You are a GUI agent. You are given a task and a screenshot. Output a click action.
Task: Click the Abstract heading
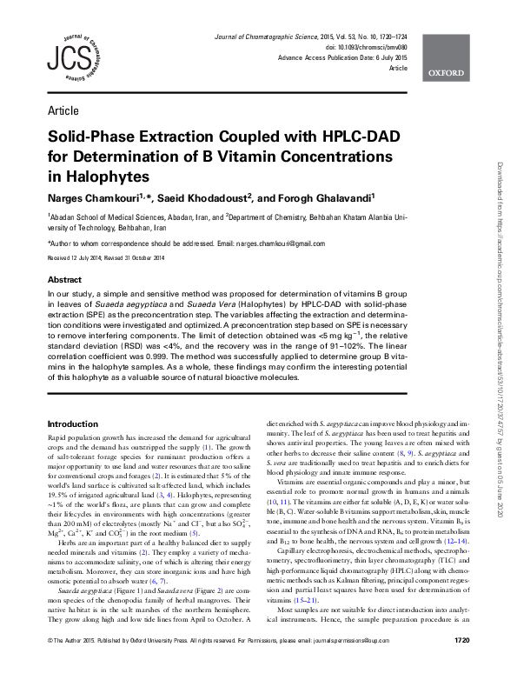(64, 281)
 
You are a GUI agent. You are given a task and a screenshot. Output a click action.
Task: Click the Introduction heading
(73, 423)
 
